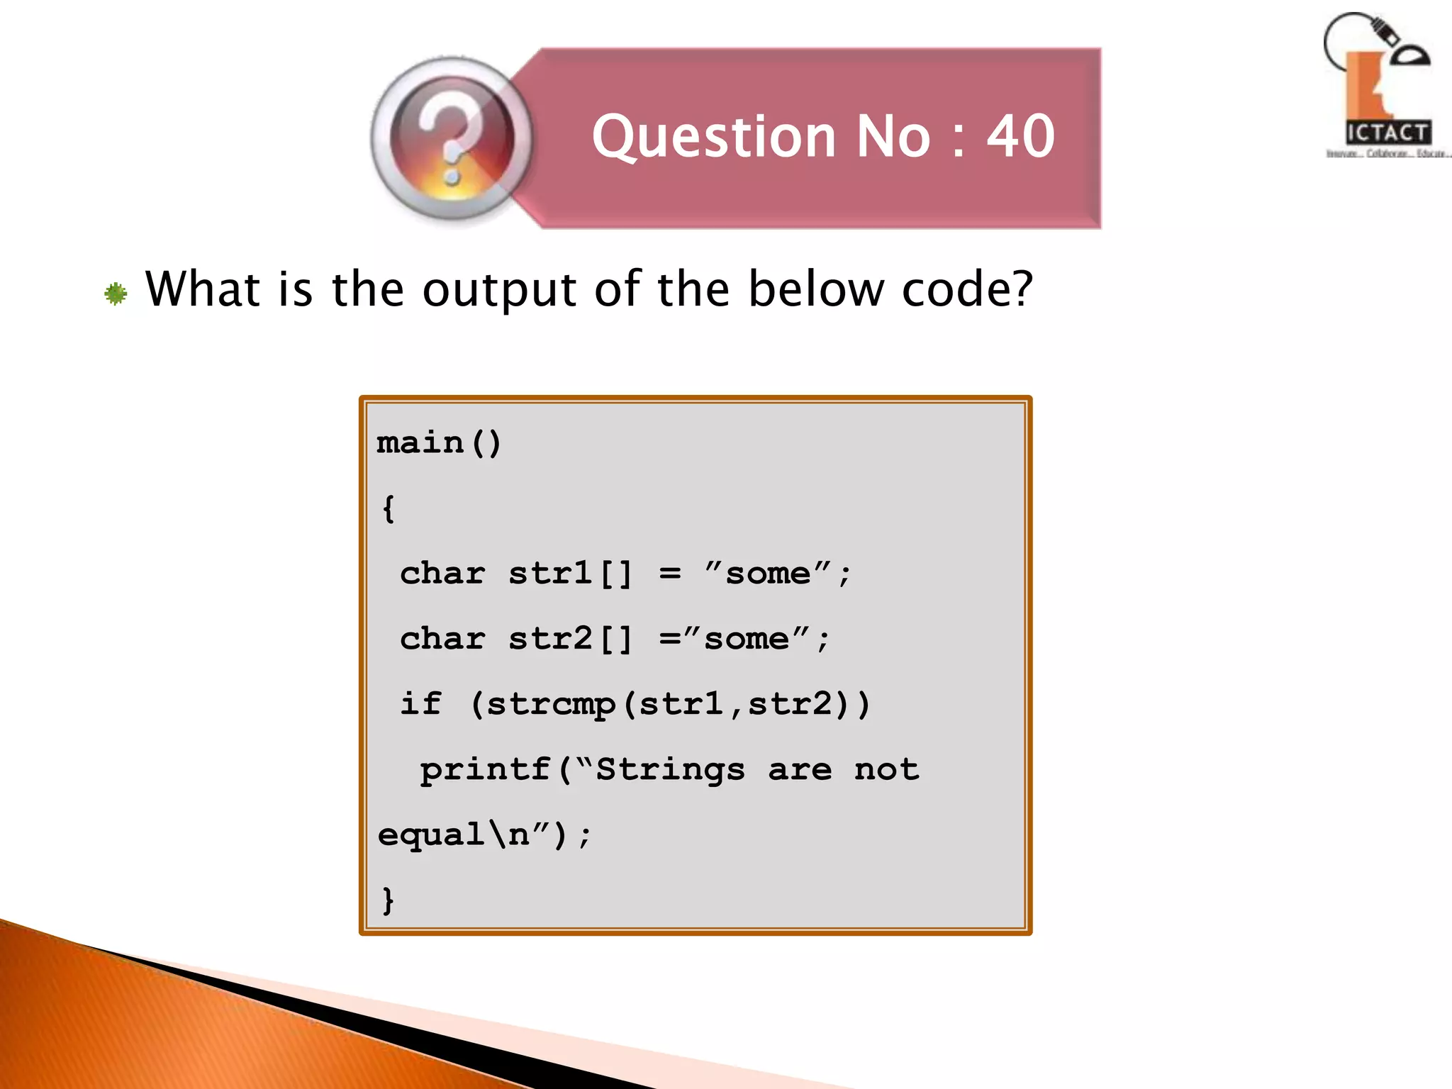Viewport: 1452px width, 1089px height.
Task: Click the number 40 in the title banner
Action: (1021, 136)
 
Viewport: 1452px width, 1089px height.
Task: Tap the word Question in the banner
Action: (715, 138)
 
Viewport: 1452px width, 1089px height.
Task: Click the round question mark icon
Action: (452, 139)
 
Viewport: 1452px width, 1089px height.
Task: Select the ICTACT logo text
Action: (1387, 133)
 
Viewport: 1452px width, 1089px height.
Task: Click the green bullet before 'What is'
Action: (116, 294)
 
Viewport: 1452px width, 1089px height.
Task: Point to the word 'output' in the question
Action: (499, 291)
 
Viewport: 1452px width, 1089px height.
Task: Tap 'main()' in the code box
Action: (439, 443)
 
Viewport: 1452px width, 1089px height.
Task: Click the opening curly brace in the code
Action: (388, 508)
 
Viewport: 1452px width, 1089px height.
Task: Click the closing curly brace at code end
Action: (388, 900)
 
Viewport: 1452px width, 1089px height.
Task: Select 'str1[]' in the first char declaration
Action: (569, 574)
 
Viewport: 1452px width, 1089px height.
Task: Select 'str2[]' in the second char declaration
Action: (569, 639)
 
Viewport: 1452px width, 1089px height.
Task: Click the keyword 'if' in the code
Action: (421, 703)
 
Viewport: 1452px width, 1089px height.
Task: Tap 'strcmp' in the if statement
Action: (551, 705)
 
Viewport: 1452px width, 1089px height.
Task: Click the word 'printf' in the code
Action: (486, 769)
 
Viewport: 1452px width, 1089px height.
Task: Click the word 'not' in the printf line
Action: (886, 769)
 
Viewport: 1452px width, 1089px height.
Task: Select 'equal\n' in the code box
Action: (454, 834)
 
